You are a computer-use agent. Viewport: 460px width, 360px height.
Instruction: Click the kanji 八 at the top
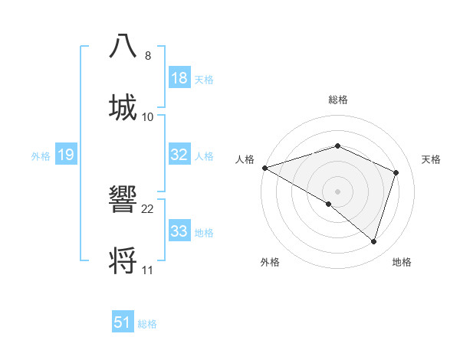click(123, 45)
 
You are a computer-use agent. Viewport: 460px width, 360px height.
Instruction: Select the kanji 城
click(123, 106)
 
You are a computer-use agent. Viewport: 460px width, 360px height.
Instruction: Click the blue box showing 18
click(179, 78)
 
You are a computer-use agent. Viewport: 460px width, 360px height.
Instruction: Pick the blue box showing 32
click(179, 155)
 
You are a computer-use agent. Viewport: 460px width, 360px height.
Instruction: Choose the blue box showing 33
click(179, 231)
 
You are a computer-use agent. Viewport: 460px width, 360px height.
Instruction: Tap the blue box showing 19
click(66, 155)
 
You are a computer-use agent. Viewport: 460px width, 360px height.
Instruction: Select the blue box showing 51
click(123, 322)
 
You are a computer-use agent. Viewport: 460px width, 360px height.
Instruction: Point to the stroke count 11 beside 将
click(147, 270)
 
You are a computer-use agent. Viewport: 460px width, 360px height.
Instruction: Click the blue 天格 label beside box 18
click(204, 79)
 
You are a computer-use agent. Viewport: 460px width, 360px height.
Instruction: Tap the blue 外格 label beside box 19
click(41, 155)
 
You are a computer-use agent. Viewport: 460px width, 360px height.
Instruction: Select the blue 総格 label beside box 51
click(147, 323)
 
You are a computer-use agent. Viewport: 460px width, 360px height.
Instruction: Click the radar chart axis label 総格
click(337, 100)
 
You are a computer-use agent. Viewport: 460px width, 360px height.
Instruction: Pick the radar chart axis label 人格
click(245, 159)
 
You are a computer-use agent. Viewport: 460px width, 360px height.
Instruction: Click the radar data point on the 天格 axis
click(396, 172)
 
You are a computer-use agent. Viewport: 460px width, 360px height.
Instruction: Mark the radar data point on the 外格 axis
click(328, 204)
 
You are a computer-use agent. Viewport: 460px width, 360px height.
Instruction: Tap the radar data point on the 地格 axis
click(374, 242)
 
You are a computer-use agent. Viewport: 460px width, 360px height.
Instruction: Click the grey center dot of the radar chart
click(337, 191)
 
